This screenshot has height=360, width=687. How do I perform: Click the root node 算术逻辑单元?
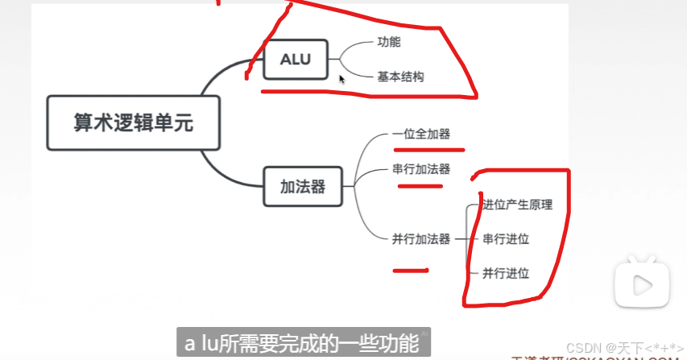[x=134, y=123]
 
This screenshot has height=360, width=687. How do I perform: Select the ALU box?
[x=295, y=60]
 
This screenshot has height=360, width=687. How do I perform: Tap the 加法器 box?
[x=302, y=187]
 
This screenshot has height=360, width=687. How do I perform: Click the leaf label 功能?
[x=388, y=43]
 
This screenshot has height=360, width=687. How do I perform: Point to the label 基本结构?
[x=400, y=77]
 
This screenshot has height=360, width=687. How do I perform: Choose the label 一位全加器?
[x=421, y=134]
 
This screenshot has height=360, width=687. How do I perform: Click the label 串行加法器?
[x=421, y=169]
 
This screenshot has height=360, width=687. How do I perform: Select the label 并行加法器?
[x=421, y=238]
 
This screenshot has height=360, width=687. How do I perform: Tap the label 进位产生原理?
[x=516, y=205]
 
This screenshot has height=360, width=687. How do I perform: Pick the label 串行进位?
[x=506, y=239]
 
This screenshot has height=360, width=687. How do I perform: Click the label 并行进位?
[x=506, y=273]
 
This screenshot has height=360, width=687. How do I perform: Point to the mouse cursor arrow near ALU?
[x=342, y=79]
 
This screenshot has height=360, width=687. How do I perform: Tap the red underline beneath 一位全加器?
[x=428, y=149]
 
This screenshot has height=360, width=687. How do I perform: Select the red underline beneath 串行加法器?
[x=420, y=186]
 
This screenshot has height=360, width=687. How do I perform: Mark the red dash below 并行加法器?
[x=410, y=271]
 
